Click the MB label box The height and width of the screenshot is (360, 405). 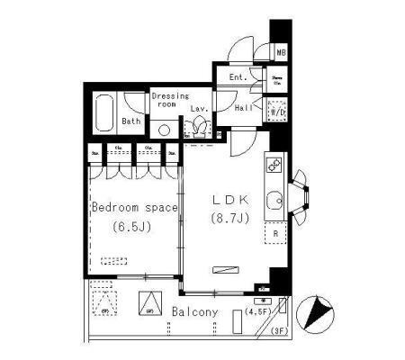281,53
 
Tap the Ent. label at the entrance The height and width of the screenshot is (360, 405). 238,77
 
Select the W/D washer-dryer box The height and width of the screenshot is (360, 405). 278,112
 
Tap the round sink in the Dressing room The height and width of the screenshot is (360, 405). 164,129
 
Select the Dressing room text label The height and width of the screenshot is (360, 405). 168,100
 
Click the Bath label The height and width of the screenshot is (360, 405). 131,121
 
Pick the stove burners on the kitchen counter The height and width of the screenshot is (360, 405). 275,166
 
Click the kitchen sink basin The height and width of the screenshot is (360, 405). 277,199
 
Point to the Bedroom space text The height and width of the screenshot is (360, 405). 135,208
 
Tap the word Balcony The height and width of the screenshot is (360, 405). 195,312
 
